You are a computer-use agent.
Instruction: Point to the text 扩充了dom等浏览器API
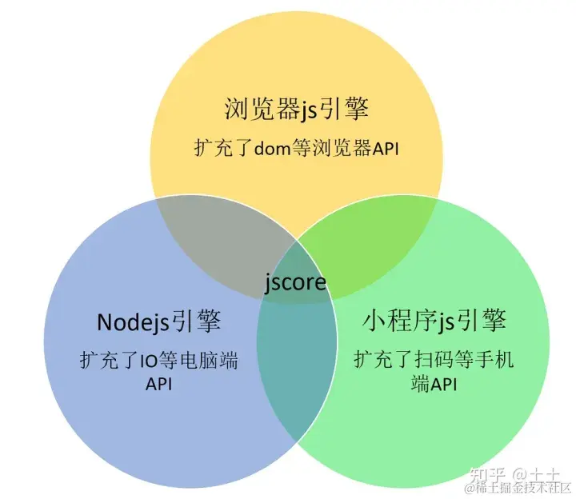click(296, 148)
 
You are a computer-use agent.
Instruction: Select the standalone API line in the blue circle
click(159, 384)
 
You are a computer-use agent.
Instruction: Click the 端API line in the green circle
click(433, 385)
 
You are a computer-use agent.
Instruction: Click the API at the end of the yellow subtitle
click(382, 148)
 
